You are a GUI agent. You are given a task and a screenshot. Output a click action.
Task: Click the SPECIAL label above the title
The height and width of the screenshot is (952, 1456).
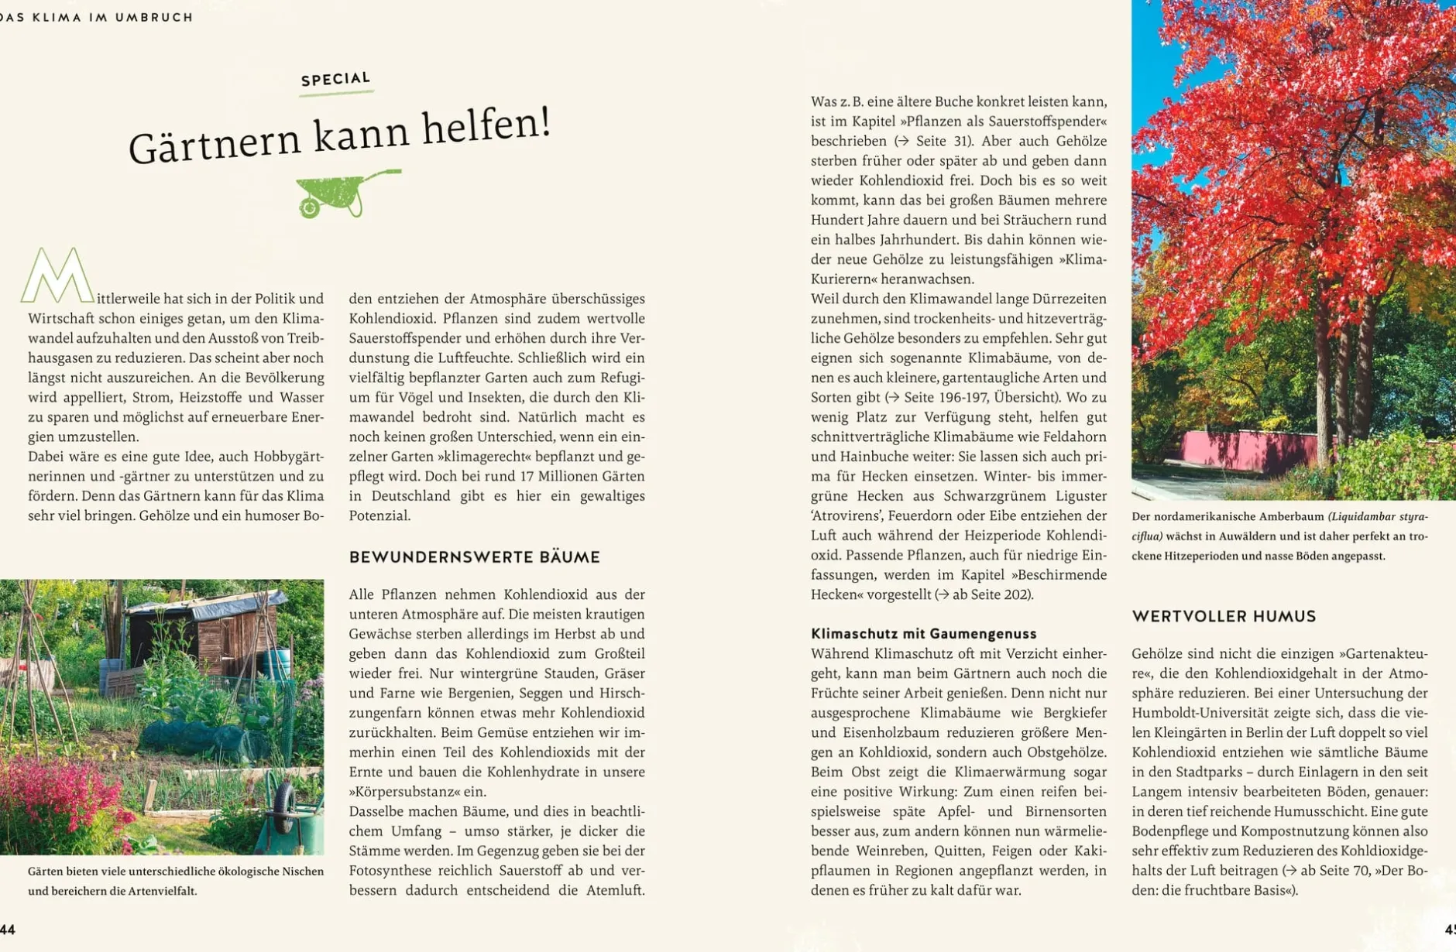coord(336,79)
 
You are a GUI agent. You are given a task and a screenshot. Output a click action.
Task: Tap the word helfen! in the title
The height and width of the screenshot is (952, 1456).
coord(487,128)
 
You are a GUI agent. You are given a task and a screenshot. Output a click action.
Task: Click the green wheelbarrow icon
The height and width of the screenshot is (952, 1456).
coord(345,193)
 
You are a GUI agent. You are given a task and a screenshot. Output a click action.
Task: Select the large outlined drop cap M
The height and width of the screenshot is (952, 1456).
coord(57,276)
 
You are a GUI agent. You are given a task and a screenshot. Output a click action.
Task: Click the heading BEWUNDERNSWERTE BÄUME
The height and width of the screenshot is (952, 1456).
coord(474,557)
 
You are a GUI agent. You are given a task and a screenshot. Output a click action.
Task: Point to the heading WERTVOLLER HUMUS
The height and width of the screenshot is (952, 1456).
coord(1224,617)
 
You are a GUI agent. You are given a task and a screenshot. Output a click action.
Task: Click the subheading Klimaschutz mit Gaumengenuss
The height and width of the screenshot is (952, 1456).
coord(923,633)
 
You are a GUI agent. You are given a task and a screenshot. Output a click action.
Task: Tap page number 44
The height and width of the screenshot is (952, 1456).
coord(8,930)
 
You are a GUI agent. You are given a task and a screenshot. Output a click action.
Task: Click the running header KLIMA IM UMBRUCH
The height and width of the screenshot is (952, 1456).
coord(112,17)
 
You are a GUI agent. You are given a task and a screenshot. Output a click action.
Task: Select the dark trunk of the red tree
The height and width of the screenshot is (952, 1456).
coord(1334,372)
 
